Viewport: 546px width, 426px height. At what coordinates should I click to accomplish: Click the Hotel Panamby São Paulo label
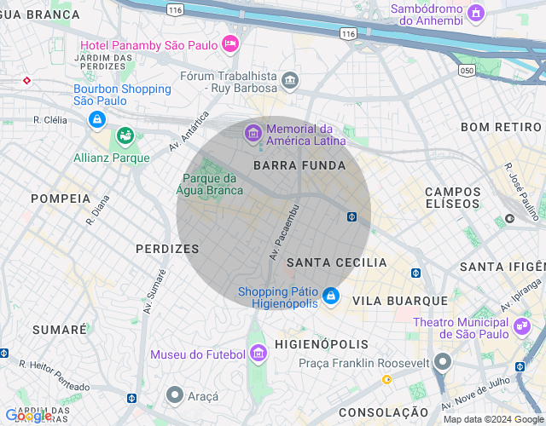click(148, 45)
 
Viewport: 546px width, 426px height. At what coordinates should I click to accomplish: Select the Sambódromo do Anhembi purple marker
click(476, 14)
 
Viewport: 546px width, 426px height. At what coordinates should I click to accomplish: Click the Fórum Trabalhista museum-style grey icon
click(290, 81)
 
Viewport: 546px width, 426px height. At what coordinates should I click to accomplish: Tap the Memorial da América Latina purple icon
click(253, 133)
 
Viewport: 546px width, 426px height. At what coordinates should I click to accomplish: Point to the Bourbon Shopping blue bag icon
click(98, 119)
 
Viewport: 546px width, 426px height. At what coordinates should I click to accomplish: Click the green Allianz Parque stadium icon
click(125, 136)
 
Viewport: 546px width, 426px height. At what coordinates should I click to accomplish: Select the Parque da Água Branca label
click(210, 184)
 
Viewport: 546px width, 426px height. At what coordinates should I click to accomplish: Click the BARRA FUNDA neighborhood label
click(299, 165)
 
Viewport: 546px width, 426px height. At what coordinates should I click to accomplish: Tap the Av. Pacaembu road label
click(284, 232)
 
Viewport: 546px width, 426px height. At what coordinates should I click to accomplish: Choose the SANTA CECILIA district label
click(336, 262)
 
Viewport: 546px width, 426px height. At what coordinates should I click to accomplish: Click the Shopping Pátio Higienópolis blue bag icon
click(331, 297)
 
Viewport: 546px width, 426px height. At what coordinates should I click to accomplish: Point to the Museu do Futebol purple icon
click(257, 354)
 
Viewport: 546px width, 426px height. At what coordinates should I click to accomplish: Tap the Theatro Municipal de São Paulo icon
click(521, 325)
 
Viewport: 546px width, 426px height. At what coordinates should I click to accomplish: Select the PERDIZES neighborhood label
click(167, 249)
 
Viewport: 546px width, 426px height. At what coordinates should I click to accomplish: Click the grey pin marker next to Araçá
click(175, 394)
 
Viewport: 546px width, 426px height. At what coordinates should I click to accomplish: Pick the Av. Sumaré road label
click(154, 292)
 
